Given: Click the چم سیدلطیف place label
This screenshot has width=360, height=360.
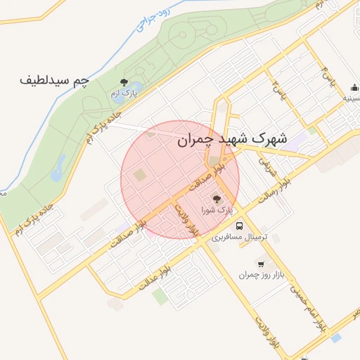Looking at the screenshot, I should (55, 80).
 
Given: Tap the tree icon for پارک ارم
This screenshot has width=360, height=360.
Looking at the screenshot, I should (124, 82).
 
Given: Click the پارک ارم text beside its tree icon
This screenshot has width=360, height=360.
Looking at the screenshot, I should (124, 94).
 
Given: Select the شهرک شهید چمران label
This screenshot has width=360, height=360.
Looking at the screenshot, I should (232, 139).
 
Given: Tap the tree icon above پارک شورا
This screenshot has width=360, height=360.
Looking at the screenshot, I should (216, 198).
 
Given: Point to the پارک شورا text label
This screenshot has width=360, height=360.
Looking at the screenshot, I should (216, 210).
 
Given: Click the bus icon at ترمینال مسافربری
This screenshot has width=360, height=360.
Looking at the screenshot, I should (240, 226).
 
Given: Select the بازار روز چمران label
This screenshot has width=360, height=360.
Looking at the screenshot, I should (259, 276).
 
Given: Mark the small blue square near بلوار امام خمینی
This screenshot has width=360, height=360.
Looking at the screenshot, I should (336, 338).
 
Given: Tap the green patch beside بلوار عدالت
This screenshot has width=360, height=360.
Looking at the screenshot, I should (160, 297).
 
